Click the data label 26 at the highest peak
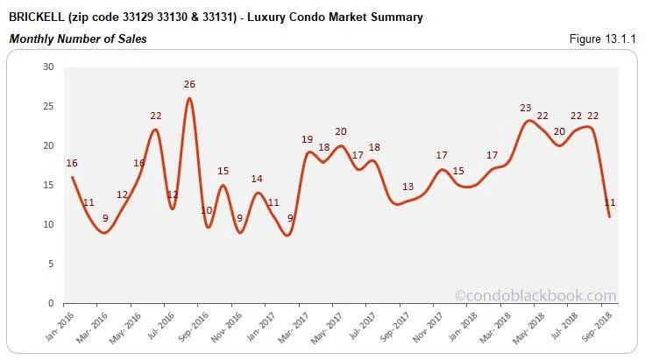click(x=189, y=84)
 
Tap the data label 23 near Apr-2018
click(x=526, y=108)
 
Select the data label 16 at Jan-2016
click(x=72, y=163)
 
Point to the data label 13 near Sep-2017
click(x=408, y=187)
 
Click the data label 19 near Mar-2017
click(x=308, y=139)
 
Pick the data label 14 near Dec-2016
click(x=257, y=179)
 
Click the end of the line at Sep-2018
click(x=609, y=216)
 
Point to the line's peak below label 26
click(x=189, y=98)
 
